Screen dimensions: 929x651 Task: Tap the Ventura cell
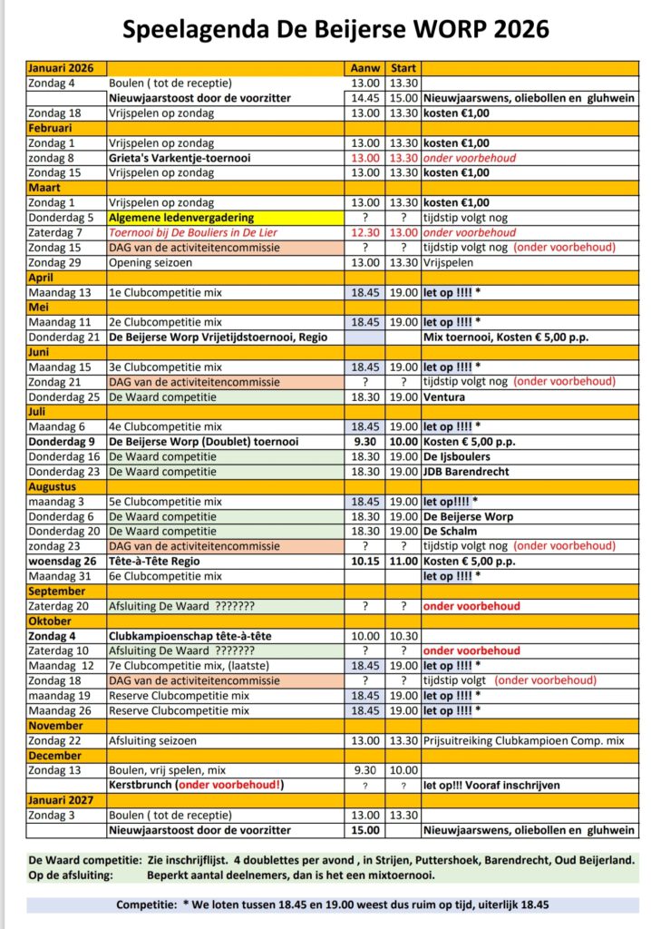point(443,397)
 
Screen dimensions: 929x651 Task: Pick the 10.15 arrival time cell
point(365,561)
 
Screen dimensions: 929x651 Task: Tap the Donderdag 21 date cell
point(61,337)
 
